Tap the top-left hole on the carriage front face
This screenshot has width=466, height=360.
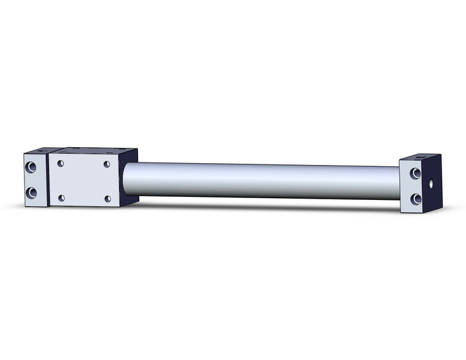(x=61, y=163)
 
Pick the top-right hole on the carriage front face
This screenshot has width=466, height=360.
(x=107, y=164)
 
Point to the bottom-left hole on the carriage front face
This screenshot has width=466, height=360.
(x=61, y=197)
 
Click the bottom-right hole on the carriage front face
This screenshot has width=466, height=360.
(x=108, y=199)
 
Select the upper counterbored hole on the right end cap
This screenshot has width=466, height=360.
(x=415, y=174)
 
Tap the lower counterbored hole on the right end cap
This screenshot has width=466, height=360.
(x=415, y=198)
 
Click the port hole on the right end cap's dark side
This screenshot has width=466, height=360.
(x=434, y=183)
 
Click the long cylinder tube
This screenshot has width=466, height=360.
(x=258, y=180)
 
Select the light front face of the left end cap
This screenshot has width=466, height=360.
(x=36, y=180)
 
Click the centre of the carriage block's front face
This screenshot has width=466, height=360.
(x=84, y=181)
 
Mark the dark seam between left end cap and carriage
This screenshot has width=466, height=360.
(x=48, y=180)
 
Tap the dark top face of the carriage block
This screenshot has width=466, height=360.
(x=92, y=150)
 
